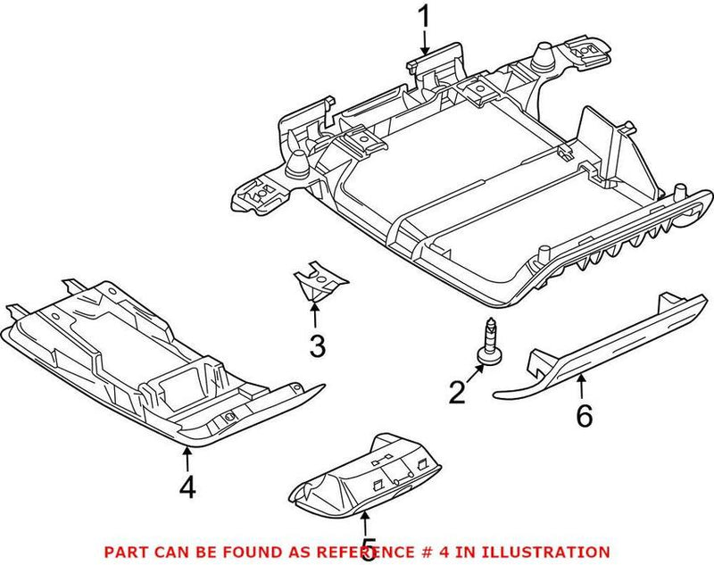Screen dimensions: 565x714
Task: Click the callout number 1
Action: tap(425, 16)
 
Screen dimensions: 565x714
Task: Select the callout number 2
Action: tap(457, 391)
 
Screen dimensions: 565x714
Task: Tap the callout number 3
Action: tap(318, 345)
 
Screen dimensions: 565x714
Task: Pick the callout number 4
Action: tap(187, 486)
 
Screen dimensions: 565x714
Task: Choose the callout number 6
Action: tap(584, 416)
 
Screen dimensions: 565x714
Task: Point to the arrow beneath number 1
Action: tap(425, 45)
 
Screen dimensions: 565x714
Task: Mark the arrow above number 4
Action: tap(187, 458)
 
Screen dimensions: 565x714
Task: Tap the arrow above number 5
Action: tap(364, 519)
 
